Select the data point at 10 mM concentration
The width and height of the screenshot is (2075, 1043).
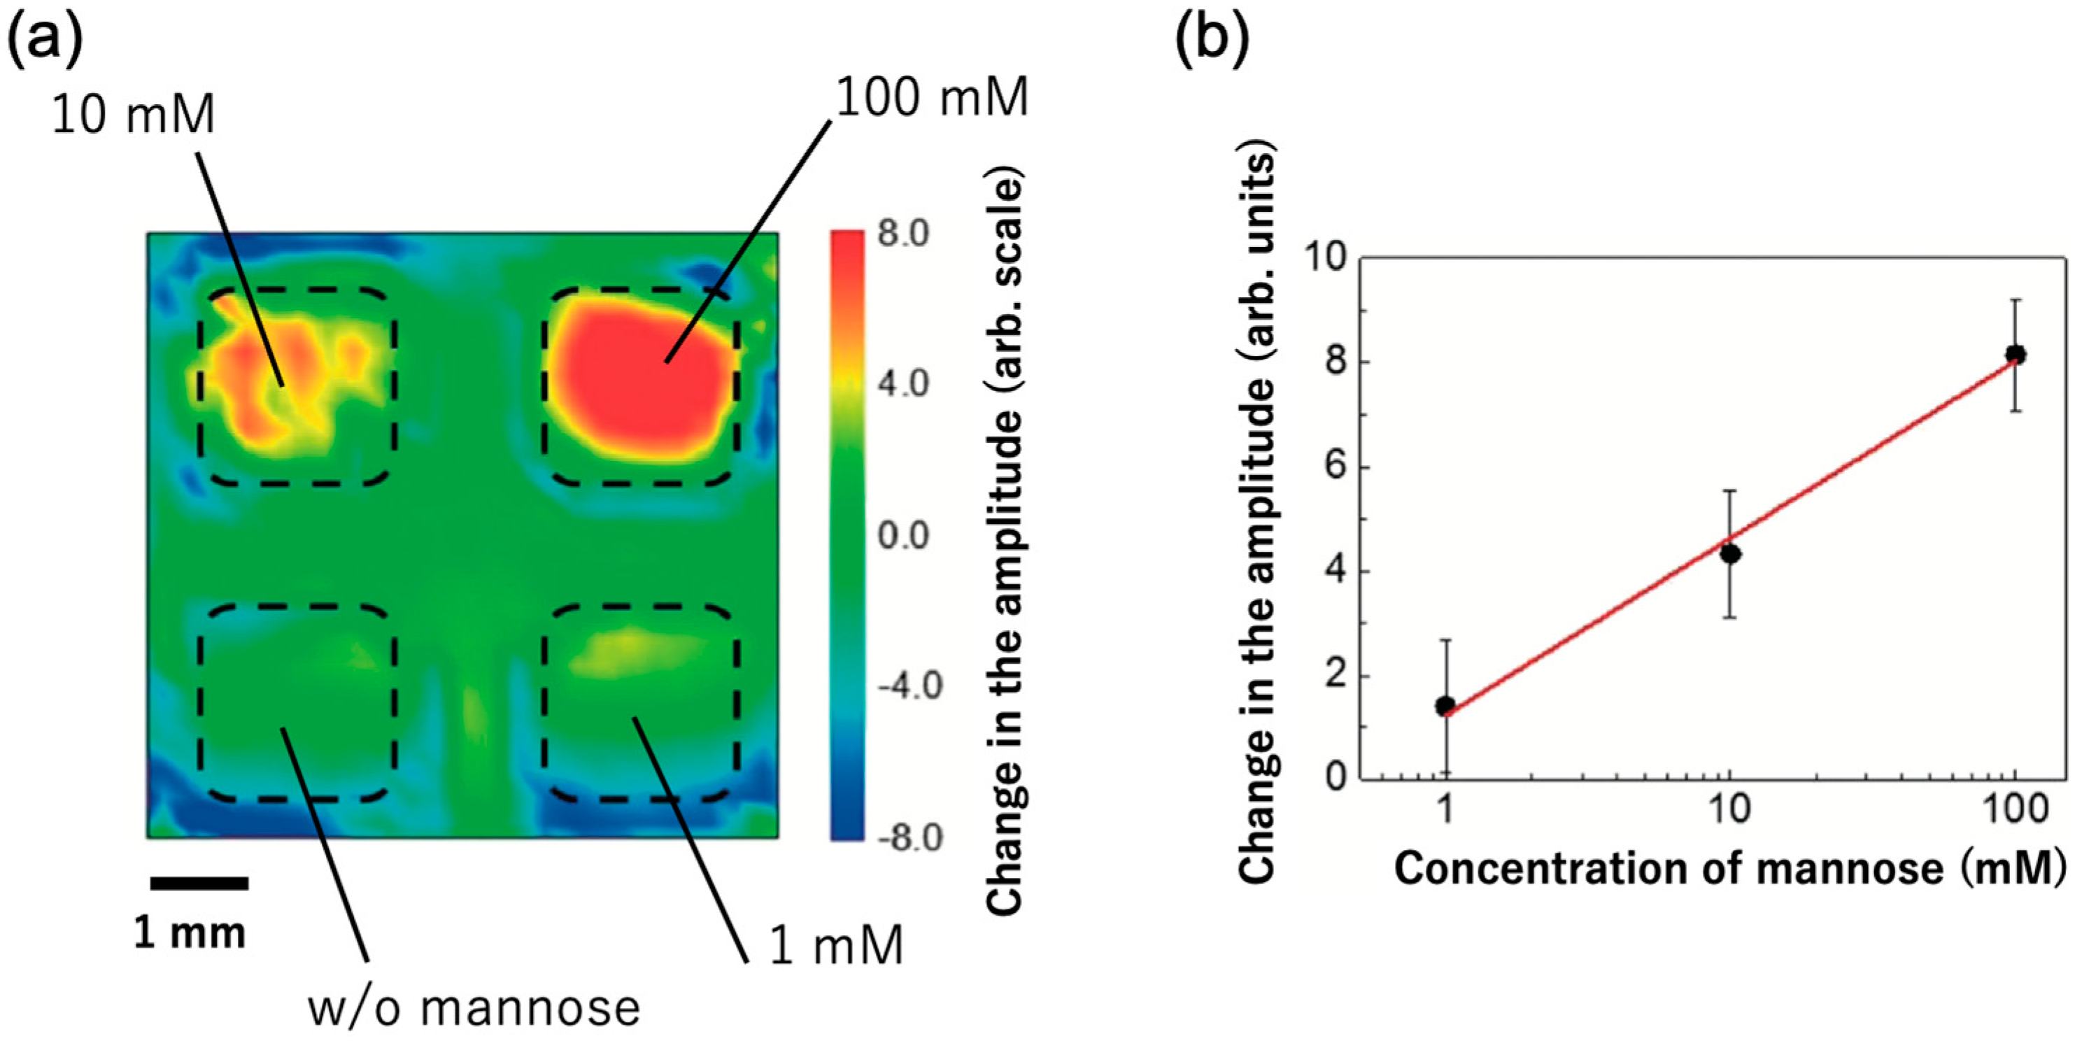click(x=1729, y=553)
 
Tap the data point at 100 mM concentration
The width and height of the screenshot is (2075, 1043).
click(x=2016, y=355)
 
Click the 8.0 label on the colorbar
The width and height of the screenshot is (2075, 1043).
click(x=903, y=234)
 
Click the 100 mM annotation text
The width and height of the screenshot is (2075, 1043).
click(x=932, y=98)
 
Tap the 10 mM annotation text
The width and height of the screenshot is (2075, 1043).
click(x=133, y=114)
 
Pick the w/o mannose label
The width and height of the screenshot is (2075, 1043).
click(x=474, y=1007)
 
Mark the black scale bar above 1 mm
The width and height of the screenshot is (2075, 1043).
click(x=199, y=884)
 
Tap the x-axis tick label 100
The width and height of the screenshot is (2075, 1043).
click(x=2013, y=809)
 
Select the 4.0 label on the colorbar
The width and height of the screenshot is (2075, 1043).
click(x=903, y=384)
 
